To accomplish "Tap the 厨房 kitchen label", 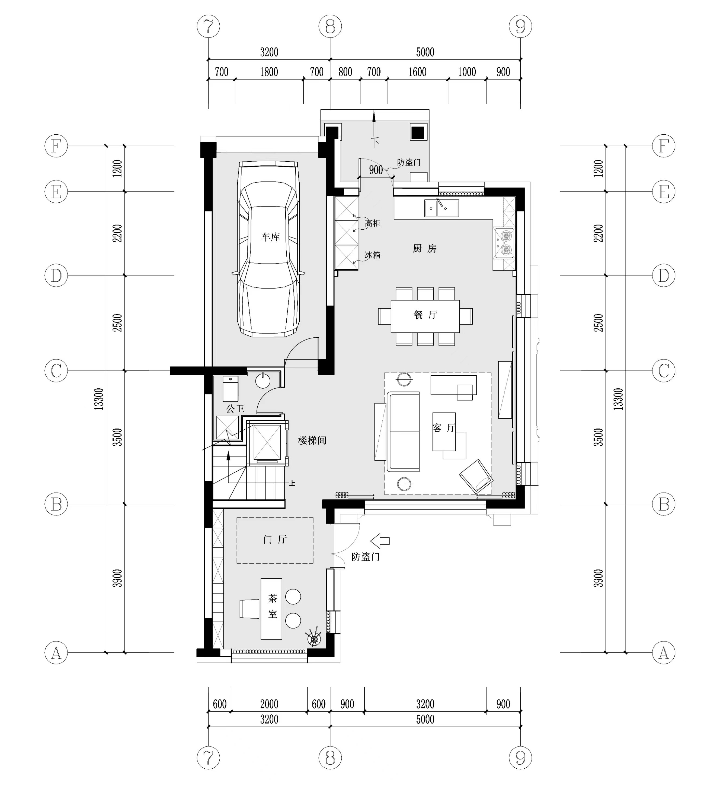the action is point(425,249).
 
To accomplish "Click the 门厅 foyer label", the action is point(275,540).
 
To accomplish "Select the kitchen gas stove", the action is point(504,243).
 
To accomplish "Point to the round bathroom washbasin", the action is point(263,381).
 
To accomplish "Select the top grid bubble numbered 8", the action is point(330,27).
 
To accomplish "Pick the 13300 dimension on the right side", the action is point(618,399).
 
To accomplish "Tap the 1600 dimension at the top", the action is point(418,72).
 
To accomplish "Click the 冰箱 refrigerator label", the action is point(373,255).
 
